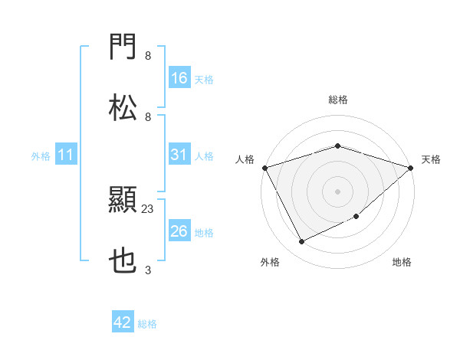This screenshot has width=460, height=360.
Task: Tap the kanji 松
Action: (x=123, y=108)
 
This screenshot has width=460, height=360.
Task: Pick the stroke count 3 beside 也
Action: (x=147, y=270)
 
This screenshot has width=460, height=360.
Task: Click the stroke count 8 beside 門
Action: (x=147, y=55)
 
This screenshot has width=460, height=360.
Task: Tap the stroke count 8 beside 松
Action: (x=147, y=116)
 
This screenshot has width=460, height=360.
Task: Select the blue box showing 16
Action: (x=179, y=78)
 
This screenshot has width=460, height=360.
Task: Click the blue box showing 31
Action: (x=179, y=155)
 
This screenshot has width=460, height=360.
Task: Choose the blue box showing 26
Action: (x=179, y=231)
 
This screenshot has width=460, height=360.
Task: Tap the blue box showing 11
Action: (x=66, y=155)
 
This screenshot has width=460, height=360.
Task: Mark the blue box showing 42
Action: (x=123, y=322)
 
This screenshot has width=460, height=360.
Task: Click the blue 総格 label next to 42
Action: (x=147, y=324)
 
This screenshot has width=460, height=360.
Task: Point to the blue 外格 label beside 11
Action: (x=41, y=156)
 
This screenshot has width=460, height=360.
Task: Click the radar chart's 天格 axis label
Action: (x=431, y=159)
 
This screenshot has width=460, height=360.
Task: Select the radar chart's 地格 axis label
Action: (x=402, y=262)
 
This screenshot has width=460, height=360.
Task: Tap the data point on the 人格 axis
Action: (x=265, y=168)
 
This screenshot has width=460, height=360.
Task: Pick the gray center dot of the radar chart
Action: (x=337, y=191)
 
